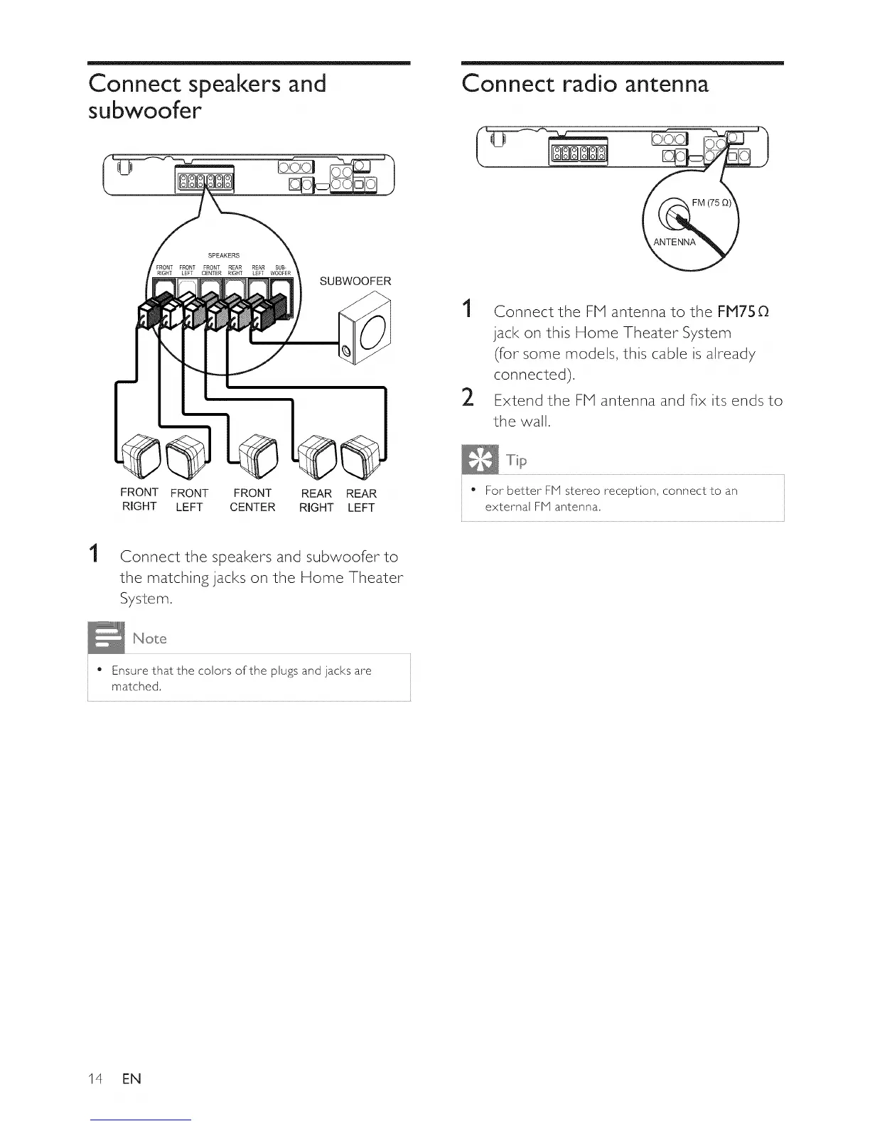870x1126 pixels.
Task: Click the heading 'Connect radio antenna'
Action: tap(585, 84)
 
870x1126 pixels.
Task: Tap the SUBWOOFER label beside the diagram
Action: tap(355, 281)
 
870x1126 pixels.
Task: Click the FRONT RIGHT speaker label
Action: tap(139, 499)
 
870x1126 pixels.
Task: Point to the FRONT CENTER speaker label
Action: tap(252, 500)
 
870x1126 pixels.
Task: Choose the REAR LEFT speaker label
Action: tap(361, 500)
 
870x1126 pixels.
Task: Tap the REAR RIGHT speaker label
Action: tap(316, 500)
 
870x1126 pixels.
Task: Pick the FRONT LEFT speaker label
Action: tap(189, 500)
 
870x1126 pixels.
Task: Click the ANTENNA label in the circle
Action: tap(675, 242)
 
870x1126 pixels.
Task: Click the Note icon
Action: tap(105, 637)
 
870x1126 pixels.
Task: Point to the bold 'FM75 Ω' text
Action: tap(743, 311)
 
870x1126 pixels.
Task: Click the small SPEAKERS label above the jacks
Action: tap(223, 255)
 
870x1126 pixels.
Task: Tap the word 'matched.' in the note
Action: tap(136, 687)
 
